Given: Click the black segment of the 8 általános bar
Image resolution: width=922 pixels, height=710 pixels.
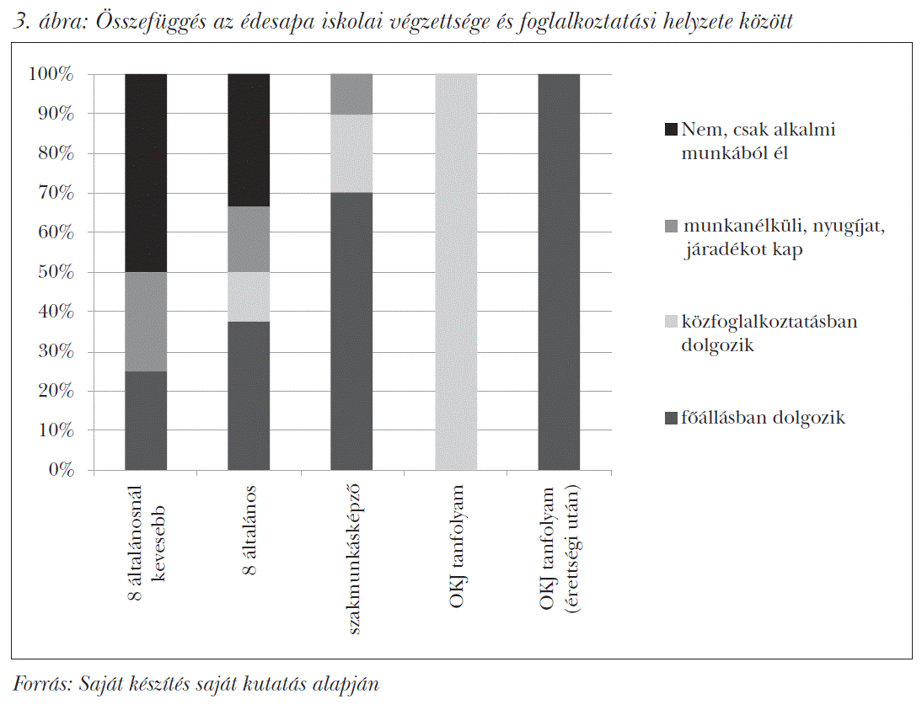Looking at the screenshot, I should pos(249,140).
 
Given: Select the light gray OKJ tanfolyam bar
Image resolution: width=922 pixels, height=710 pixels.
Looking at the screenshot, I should pos(456,271).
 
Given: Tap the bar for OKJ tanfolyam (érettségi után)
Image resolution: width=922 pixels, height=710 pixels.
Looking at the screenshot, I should pos(559,271).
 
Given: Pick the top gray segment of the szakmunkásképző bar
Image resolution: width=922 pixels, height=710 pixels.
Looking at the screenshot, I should pos(351,93).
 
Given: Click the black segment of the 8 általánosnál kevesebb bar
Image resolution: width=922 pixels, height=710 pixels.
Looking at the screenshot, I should pos(146,173).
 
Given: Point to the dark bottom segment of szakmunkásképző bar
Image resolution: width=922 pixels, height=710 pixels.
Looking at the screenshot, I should pos(351,331).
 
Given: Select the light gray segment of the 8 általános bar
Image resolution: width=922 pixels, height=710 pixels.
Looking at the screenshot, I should pos(249,296).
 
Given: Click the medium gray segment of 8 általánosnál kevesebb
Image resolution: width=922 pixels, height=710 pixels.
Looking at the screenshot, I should pos(146,322).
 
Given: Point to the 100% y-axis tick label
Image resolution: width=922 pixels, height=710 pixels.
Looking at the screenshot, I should pos(54,75).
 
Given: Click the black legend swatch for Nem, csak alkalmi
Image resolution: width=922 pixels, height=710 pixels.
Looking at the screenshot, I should pos(671,130).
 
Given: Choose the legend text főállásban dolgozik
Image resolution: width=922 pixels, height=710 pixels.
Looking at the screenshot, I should pos(763,418).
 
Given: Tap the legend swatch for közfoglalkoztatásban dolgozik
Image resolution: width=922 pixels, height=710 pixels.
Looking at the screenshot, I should pos(671,322).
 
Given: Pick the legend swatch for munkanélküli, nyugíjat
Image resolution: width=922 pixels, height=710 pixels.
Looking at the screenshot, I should pos(671,226).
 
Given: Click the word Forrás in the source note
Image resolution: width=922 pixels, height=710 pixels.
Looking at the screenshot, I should pos(41,684).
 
